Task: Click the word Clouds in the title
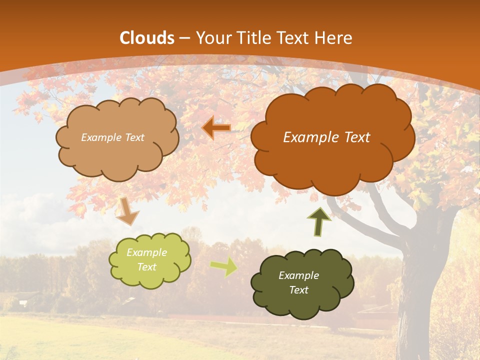[x=147, y=38]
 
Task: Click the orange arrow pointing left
[x=216, y=128]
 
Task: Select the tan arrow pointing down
[x=127, y=211]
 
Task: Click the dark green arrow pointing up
[x=319, y=222]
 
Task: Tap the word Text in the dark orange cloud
[x=354, y=137]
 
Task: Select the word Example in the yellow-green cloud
[x=147, y=253]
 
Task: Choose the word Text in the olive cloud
[x=299, y=290]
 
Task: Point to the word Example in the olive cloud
[x=299, y=275]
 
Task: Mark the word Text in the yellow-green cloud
[x=147, y=267]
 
